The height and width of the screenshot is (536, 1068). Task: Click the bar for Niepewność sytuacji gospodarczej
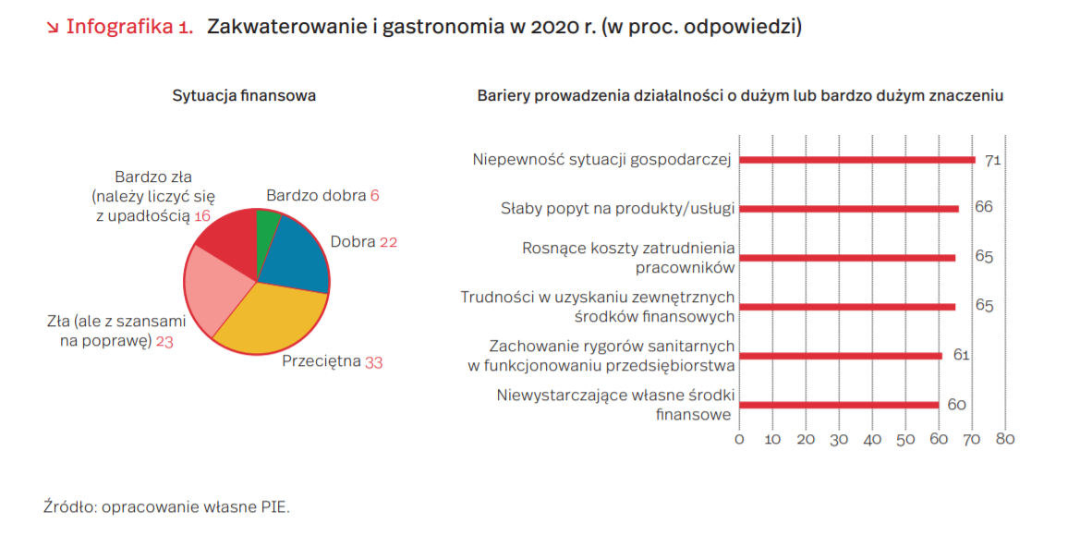click(856, 160)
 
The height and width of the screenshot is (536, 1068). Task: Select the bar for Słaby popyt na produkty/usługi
click(848, 208)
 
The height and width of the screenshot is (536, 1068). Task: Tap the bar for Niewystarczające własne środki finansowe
click(838, 405)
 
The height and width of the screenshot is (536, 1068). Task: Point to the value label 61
click(961, 355)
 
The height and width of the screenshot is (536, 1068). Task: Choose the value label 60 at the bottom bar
click(956, 405)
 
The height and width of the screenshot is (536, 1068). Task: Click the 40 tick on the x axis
click(872, 439)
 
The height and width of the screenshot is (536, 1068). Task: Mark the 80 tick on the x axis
click(1004, 439)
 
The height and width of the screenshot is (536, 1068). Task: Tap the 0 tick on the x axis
click(739, 439)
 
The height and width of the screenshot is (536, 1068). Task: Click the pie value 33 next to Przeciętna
click(373, 362)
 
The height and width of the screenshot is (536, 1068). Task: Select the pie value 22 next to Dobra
click(388, 242)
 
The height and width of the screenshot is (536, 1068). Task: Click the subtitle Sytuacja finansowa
click(245, 95)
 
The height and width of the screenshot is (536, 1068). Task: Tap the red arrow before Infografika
click(53, 28)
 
